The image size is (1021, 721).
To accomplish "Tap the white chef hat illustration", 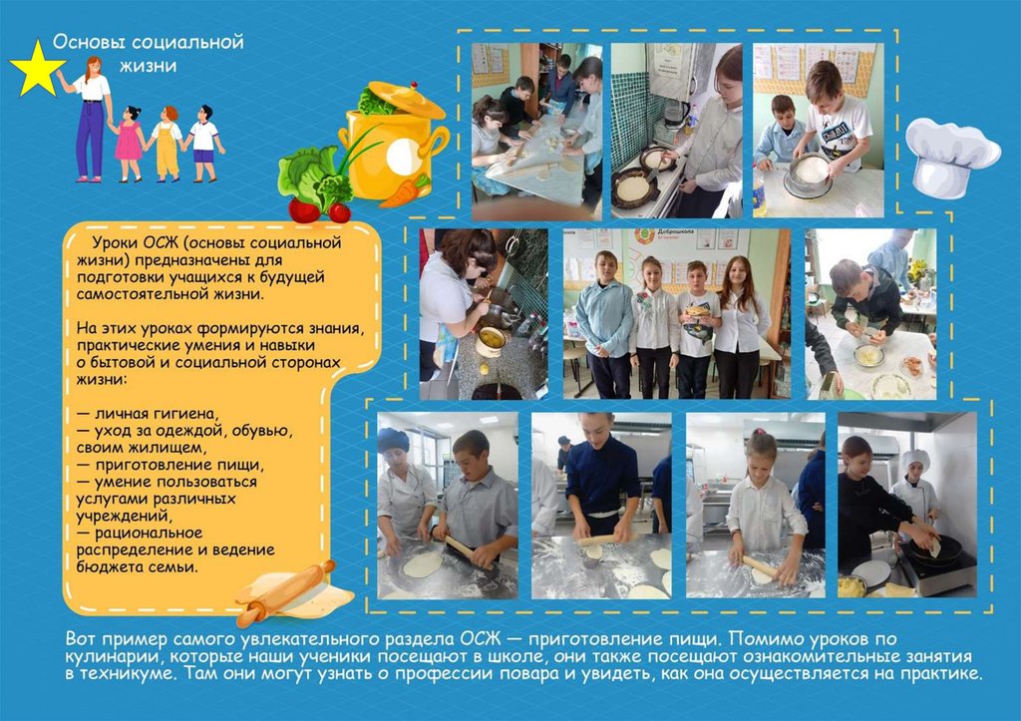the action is pyautogui.click(x=951, y=158).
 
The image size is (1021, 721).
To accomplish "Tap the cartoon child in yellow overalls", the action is pyautogui.click(x=167, y=144).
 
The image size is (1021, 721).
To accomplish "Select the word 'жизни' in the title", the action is pyautogui.click(x=148, y=66).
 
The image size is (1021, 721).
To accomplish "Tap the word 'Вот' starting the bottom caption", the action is pyautogui.click(x=81, y=639).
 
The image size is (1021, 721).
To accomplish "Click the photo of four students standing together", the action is pyautogui.click(x=677, y=313).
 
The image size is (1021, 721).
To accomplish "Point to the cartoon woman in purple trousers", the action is pyautogui.click(x=89, y=119).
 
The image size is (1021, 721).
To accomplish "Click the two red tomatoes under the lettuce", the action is pyautogui.click(x=320, y=211).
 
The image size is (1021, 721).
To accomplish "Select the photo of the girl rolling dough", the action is pyautogui.click(x=756, y=506).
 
